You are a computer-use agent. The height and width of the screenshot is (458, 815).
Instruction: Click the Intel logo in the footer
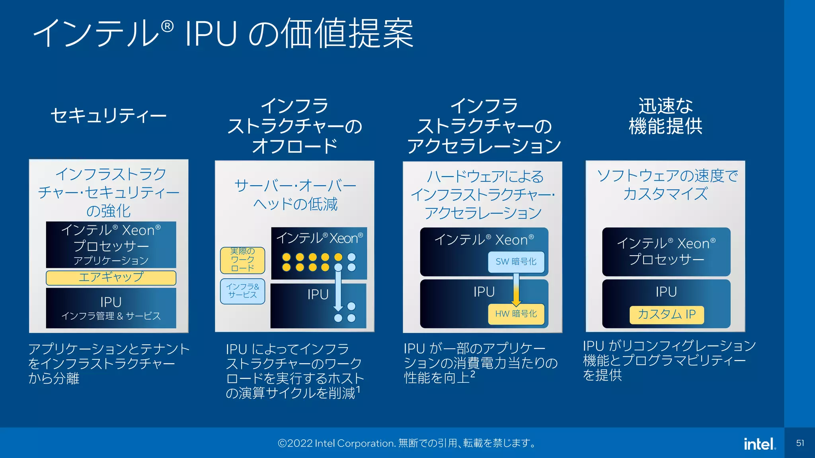(x=759, y=444)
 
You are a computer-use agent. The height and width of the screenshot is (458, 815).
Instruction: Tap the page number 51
(x=800, y=443)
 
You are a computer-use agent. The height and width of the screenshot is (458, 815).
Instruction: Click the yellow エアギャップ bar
(x=111, y=278)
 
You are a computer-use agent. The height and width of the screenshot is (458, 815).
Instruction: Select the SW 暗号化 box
(x=516, y=262)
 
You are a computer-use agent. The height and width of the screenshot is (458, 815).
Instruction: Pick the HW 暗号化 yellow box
(x=516, y=314)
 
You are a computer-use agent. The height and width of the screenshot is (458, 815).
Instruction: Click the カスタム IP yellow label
(x=667, y=314)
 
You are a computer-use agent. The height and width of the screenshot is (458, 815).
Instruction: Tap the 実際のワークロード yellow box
(x=242, y=260)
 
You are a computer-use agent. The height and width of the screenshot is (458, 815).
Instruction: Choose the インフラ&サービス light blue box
(x=242, y=291)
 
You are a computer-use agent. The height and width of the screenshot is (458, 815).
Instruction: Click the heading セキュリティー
(x=108, y=116)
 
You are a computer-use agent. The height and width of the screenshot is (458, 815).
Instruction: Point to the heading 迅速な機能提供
(x=665, y=116)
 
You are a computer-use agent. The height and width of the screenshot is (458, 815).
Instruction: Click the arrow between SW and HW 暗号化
(x=516, y=290)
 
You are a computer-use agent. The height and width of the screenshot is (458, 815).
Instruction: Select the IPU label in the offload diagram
(x=318, y=295)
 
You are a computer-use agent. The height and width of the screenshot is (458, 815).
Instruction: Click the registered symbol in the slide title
(x=168, y=27)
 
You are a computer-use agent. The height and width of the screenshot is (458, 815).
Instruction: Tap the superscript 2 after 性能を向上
(x=472, y=374)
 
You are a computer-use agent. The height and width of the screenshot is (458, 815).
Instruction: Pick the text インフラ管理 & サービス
(x=111, y=316)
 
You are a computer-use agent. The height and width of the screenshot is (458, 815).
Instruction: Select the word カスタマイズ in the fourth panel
(x=665, y=194)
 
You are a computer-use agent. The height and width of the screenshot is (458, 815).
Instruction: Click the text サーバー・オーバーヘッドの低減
(x=295, y=195)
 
